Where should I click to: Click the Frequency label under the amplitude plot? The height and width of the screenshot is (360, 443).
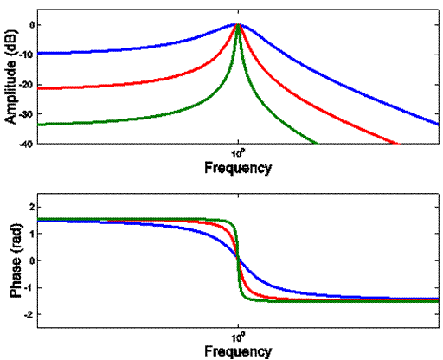238,167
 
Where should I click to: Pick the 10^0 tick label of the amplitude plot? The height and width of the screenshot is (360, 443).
237,152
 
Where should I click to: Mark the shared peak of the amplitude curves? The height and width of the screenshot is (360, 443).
237,25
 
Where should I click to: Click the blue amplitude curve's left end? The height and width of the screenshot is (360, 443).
38,54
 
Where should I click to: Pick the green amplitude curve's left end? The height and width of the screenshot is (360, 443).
38,125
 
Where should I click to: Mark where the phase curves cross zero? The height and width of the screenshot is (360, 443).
237,260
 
